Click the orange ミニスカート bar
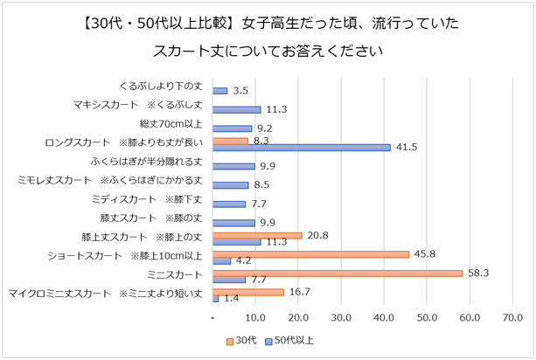[338, 273]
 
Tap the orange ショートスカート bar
[310, 254]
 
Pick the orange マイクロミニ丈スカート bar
[248, 292]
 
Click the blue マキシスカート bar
[237, 109]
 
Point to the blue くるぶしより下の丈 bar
[220, 90]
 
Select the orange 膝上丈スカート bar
[257, 235]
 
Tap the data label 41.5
[405, 147]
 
